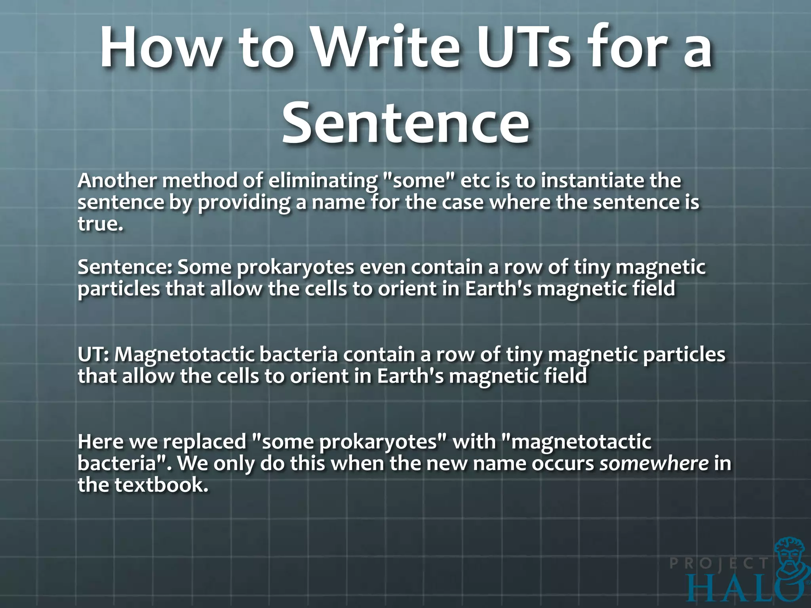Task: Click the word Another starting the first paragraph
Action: [x=117, y=181]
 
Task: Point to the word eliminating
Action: [x=323, y=181]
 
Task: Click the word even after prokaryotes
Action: [x=383, y=267]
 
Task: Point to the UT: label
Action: [x=93, y=354]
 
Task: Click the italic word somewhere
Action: [x=654, y=464]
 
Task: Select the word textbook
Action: [x=162, y=485]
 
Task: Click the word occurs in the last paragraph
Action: [x=562, y=464]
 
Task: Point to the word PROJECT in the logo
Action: [x=719, y=563]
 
